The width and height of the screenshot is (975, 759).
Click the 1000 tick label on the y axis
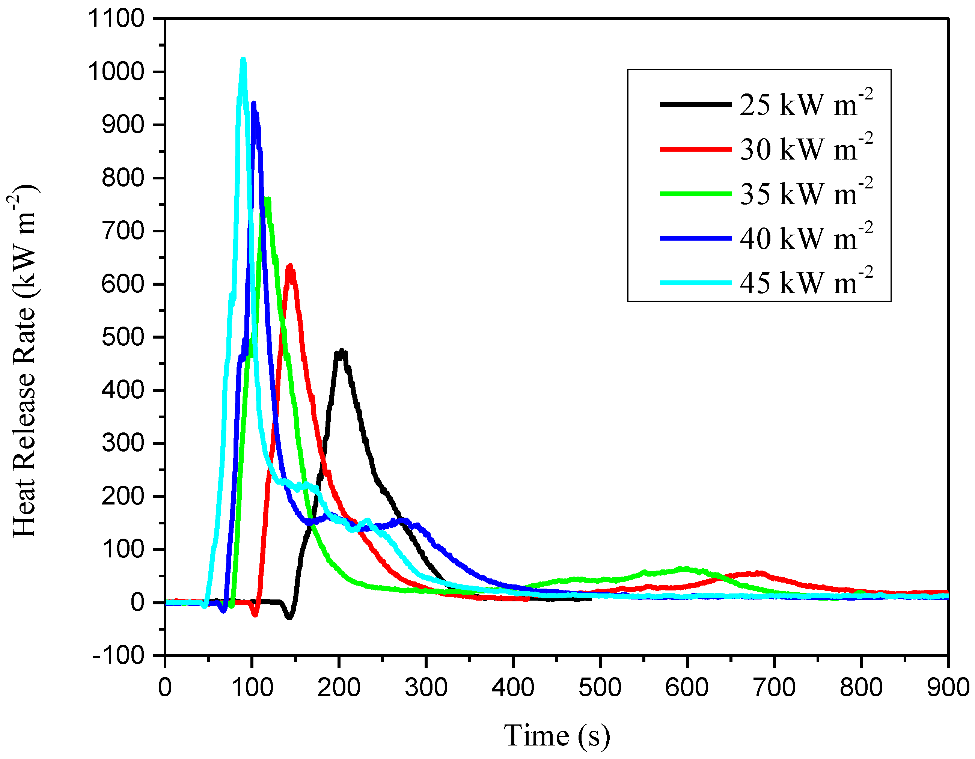click(116, 71)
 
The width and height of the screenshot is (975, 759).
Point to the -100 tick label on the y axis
click(119, 655)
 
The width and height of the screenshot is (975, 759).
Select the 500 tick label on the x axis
click(600, 688)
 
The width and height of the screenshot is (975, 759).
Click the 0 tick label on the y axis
click(137, 603)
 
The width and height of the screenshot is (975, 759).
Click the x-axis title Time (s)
click(557, 735)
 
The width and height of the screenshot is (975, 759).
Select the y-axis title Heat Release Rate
click(24, 361)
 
